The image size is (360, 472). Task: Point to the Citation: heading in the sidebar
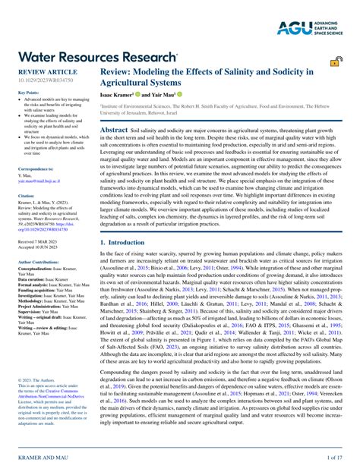pyautogui.click(x=27, y=195)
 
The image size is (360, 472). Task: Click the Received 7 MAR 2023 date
pyautogui.click(x=38, y=240)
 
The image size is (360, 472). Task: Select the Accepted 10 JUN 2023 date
pyautogui.click(x=39, y=245)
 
